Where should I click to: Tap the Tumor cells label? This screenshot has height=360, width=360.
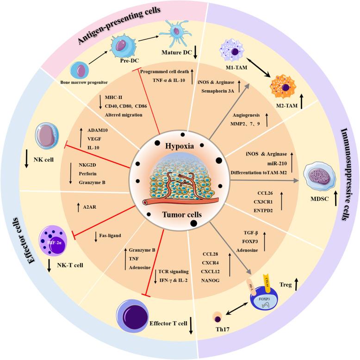pyautogui.click(x=180, y=216)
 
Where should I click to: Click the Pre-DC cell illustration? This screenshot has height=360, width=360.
pyautogui.click(x=124, y=47)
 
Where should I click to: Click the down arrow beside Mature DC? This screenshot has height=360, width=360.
pyautogui.click(x=196, y=53)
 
